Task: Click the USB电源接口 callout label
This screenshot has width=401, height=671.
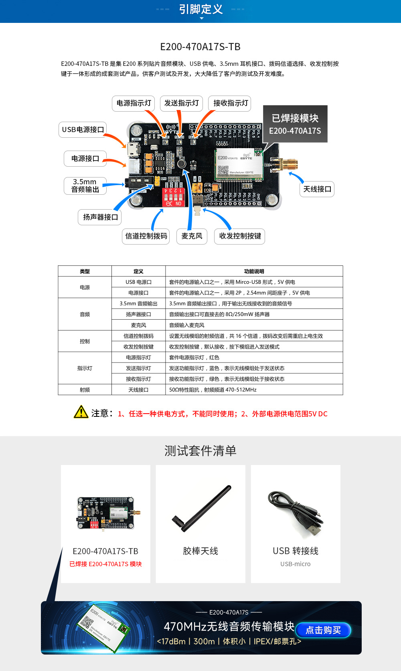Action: pos(83,130)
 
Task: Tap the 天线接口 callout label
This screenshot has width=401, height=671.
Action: pos(317,189)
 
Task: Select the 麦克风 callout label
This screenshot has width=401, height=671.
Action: pos(192,236)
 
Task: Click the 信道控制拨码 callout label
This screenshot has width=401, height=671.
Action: pos(146,236)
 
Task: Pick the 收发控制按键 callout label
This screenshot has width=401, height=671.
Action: pos(240,236)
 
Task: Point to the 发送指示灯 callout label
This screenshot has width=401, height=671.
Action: pos(181,103)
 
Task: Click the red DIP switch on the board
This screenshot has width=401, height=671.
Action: pos(173,197)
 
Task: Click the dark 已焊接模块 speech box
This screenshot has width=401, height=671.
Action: pos(295,124)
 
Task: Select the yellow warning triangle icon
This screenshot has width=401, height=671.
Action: pos(81,412)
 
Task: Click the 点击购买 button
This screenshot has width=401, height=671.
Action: pos(323,630)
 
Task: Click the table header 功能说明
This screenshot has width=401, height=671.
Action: pos(254,271)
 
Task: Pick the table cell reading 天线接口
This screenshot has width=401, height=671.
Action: pos(138,390)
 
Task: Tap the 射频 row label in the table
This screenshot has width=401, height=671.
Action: pos(85,390)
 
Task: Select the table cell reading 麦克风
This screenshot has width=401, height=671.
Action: pos(138,325)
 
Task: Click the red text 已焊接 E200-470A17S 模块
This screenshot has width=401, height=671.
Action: pos(105,564)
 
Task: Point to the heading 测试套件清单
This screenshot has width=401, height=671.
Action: pos(200,451)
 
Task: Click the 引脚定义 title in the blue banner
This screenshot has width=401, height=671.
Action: pos(200,9)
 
